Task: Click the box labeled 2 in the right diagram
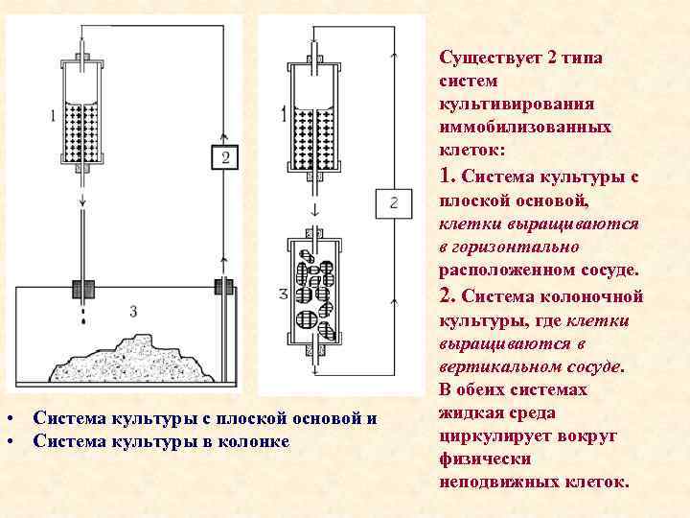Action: (393, 201)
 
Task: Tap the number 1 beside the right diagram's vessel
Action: (284, 115)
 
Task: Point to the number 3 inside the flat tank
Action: (133, 311)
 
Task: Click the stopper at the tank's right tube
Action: (223, 286)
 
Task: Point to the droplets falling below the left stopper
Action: (84, 313)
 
